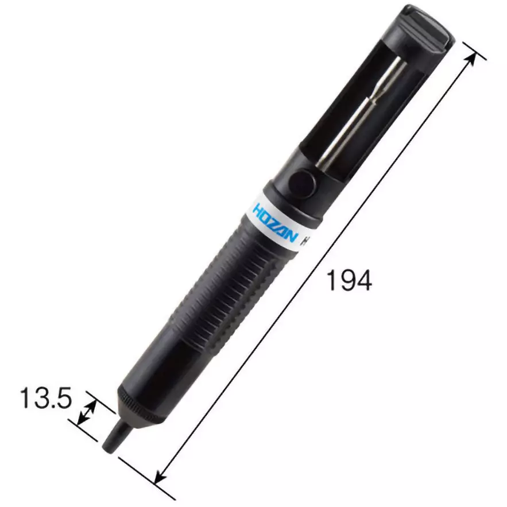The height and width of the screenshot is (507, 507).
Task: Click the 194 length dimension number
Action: click(349, 280)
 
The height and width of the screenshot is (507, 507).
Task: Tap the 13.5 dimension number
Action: click(46, 398)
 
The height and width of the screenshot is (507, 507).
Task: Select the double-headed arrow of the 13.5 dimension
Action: click(87, 412)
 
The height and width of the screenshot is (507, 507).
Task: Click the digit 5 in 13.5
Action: click(63, 398)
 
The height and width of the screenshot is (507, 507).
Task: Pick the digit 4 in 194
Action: click(363, 280)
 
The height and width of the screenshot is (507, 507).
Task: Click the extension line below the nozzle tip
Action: click(144, 474)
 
